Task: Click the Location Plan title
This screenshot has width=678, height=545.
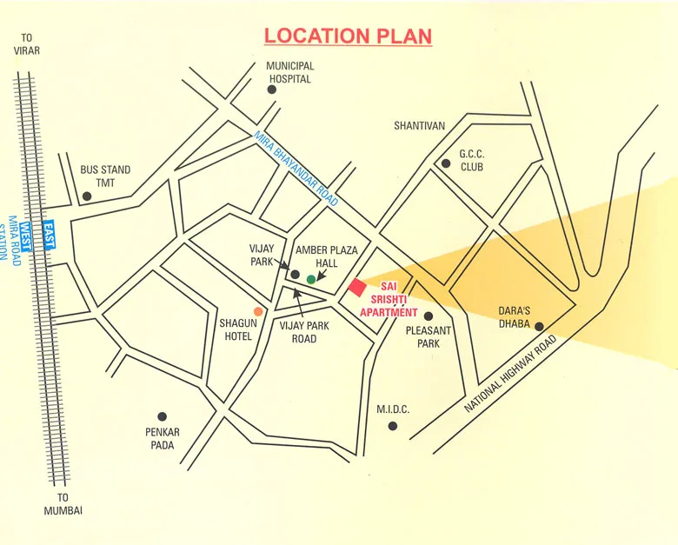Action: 348,37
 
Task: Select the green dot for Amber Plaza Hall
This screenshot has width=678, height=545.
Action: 311,279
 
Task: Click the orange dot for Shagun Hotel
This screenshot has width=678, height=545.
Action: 257,310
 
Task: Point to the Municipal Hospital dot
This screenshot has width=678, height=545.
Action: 272,90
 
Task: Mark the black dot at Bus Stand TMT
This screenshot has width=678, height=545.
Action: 86,197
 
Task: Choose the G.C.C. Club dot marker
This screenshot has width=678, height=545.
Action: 445,163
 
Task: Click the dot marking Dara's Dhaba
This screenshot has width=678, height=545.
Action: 539,327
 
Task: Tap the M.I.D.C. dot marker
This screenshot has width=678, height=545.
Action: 393,426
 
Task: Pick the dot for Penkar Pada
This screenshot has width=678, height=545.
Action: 161,417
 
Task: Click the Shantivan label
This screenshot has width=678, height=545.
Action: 419,126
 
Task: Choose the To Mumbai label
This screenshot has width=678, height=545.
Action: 63,505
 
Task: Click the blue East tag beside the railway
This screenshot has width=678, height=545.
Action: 49,236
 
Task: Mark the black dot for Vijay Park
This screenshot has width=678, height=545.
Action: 295,275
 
